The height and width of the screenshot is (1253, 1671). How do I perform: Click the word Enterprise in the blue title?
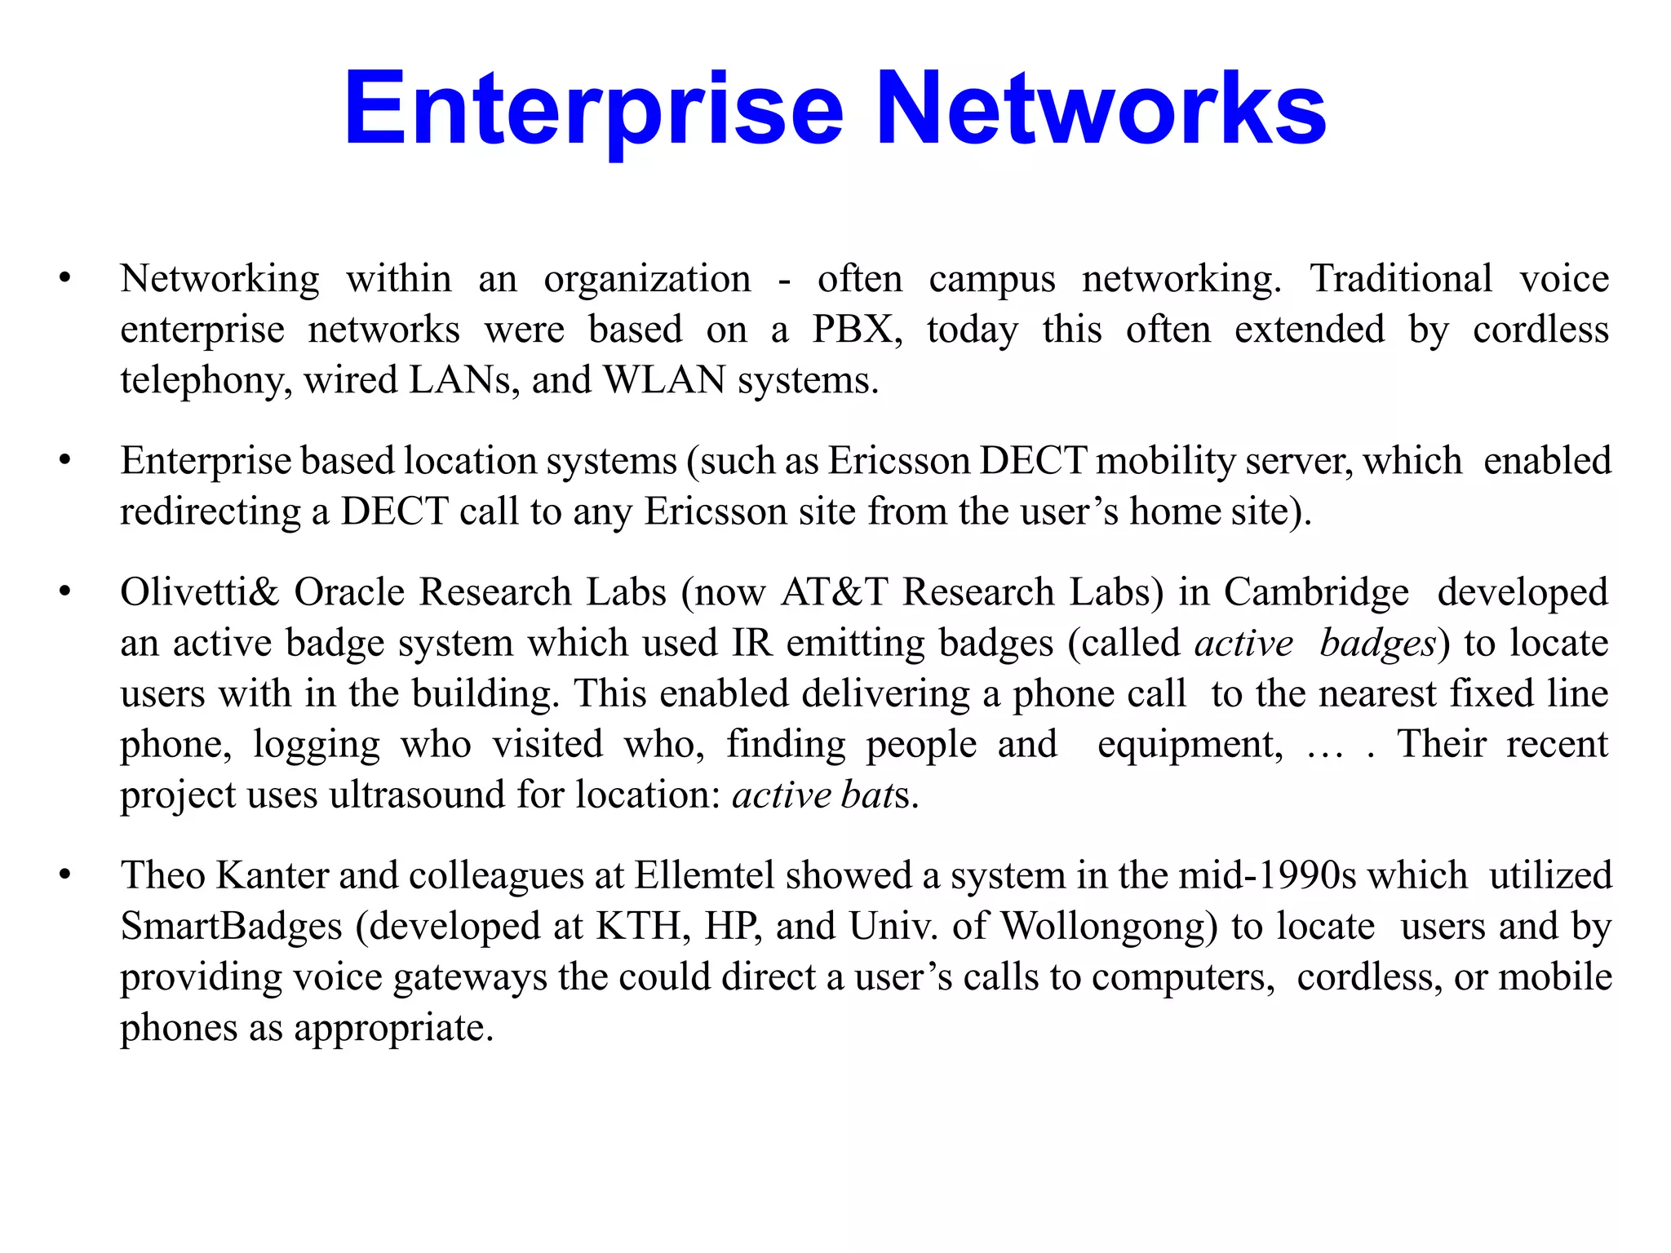594,110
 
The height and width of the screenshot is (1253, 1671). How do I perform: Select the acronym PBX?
857,330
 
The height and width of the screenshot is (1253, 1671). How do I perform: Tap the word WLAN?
664,380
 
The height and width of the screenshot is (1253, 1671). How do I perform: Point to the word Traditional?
1401,279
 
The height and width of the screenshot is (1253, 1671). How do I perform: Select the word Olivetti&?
200,592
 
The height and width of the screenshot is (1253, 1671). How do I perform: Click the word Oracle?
349,592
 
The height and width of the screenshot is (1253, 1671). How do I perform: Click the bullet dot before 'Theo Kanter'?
65,875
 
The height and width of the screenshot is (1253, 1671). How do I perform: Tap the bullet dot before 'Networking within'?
65,279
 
